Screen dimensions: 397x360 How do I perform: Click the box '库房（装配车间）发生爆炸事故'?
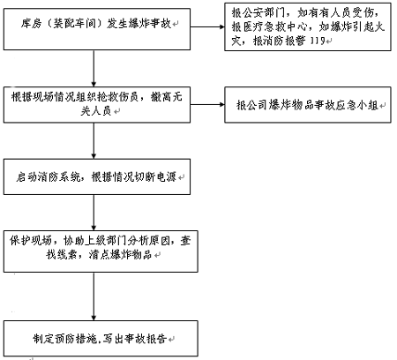[x=97, y=29]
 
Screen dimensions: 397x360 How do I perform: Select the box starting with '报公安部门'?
[x=308, y=26]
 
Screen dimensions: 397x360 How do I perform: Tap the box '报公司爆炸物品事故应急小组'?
[x=308, y=105]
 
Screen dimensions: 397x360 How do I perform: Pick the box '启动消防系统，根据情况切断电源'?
[x=97, y=176]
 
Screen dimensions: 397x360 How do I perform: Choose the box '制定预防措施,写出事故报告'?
[x=101, y=338]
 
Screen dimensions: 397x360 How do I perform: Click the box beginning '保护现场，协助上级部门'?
[x=101, y=251]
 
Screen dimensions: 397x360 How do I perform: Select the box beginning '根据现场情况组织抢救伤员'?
[x=97, y=105]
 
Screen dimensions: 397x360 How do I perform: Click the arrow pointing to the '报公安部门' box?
[x=207, y=26]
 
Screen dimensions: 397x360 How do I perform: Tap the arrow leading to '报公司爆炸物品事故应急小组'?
[x=207, y=104]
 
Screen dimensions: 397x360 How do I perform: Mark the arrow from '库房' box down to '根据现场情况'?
[x=94, y=68]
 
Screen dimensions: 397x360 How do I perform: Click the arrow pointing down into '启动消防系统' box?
[x=94, y=140]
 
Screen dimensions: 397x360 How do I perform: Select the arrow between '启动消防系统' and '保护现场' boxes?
[x=94, y=213]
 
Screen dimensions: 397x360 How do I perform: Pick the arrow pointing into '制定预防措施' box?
[x=94, y=296]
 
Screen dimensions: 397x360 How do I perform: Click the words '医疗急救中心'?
[x=275, y=26]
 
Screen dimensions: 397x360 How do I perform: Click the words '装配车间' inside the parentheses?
[x=75, y=23]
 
